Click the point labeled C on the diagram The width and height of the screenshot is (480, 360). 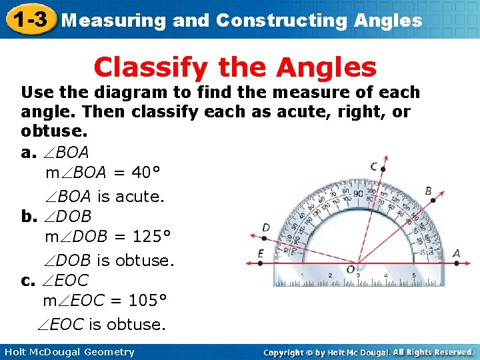(375, 167)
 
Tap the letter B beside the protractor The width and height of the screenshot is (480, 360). (428, 191)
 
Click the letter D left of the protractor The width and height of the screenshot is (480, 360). (266, 228)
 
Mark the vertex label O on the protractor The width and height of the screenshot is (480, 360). (350, 269)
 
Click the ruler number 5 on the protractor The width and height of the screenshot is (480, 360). (413, 275)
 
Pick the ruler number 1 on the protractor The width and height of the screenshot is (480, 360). (302, 275)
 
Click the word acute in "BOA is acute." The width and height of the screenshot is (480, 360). (139, 197)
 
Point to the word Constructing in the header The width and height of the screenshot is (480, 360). (279, 20)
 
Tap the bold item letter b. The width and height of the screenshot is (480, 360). (27, 217)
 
